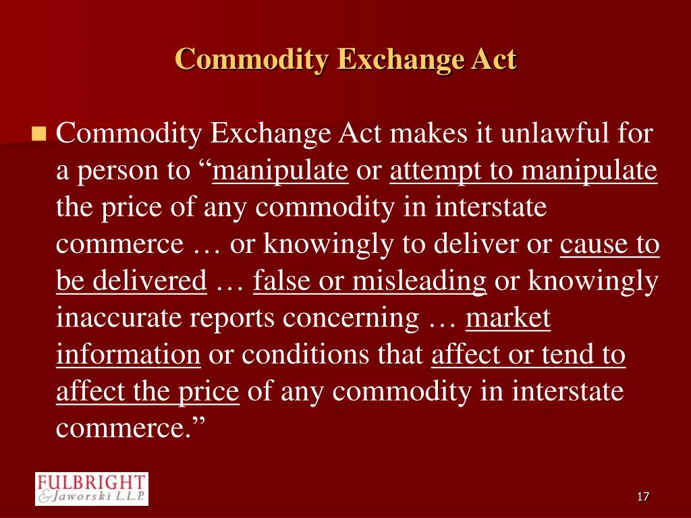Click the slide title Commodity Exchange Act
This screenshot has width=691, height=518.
[345, 59]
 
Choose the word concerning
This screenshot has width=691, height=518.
[351, 317]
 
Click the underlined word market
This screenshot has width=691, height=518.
[508, 317]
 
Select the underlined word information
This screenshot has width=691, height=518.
[128, 354]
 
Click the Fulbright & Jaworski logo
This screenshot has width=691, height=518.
[91, 488]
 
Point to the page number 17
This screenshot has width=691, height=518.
[642, 497]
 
